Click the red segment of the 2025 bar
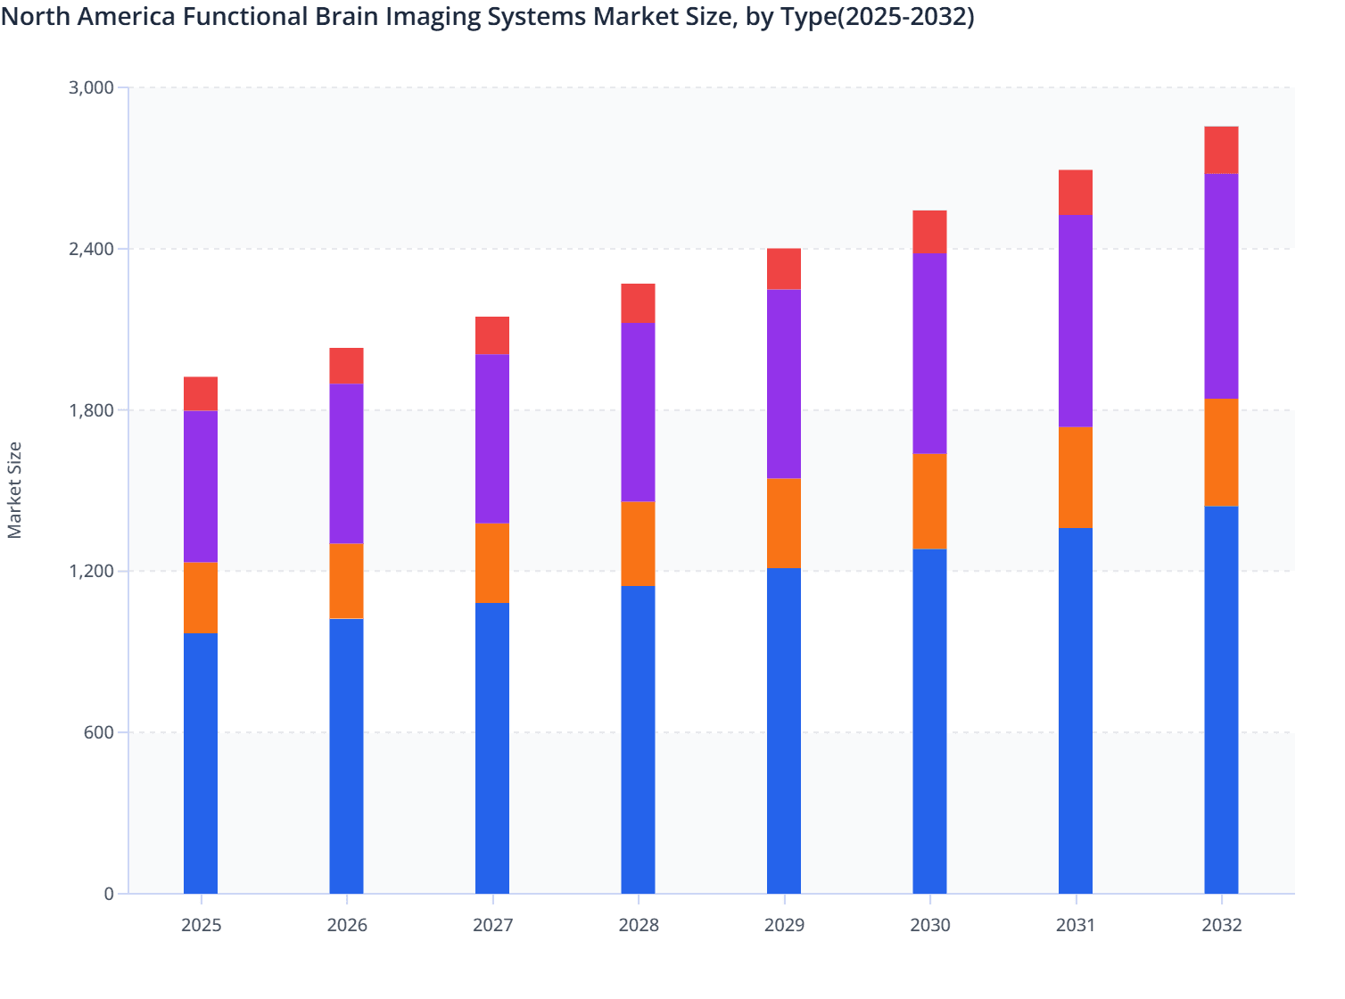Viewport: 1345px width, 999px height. tap(201, 393)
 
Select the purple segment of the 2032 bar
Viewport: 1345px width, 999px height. tap(1221, 286)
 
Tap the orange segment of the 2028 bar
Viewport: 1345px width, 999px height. tap(638, 543)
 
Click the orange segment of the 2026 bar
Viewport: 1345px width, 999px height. tap(346, 581)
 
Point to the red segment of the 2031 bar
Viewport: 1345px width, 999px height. tap(1076, 192)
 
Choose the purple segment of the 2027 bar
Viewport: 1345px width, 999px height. tap(492, 439)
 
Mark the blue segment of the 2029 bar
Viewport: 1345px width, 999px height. tap(784, 731)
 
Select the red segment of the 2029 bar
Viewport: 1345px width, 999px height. tap(784, 268)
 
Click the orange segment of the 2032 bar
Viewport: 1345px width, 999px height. tap(1221, 452)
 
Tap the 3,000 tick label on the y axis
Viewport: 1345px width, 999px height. tap(91, 87)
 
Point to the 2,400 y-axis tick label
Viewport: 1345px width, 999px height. tap(91, 249)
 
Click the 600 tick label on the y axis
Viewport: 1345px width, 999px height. tap(99, 732)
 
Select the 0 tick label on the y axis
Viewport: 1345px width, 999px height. tap(109, 894)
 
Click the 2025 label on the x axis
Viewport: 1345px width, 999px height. tap(201, 925)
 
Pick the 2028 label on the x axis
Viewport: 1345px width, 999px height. tap(638, 925)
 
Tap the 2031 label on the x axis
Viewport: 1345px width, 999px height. tap(1076, 925)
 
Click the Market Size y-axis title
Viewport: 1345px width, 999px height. tap(14, 490)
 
